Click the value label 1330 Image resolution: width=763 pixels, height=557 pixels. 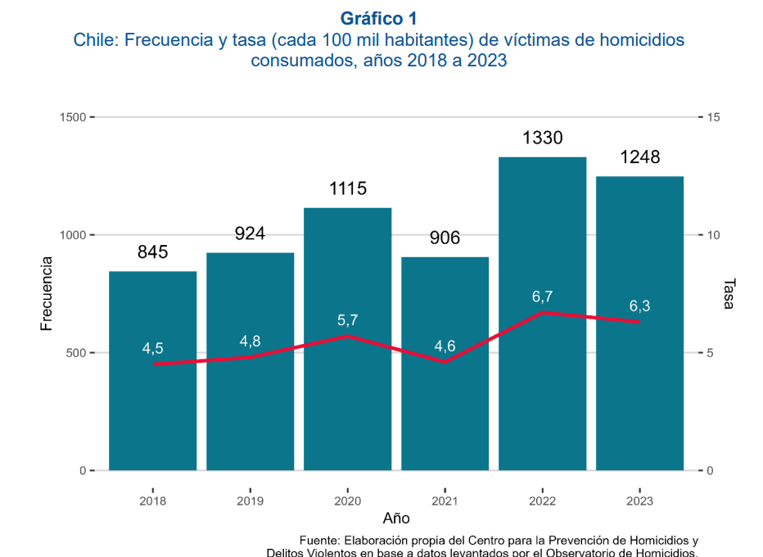point(542,138)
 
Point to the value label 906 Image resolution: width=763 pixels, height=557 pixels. point(445,238)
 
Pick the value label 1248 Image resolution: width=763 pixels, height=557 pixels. point(639,157)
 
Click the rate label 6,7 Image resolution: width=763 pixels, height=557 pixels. point(542,296)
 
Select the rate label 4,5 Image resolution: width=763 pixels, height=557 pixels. point(153,348)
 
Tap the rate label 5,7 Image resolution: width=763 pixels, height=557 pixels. point(347,320)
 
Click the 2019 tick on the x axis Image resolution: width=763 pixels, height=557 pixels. point(250,500)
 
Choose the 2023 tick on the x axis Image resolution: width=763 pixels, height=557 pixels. point(639,500)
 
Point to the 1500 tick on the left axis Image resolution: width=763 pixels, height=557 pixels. point(74,117)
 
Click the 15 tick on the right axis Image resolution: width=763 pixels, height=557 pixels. point(712,117)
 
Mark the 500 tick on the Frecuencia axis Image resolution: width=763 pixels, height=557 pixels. point(76,353)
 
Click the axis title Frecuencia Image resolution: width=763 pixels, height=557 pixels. point(47,293)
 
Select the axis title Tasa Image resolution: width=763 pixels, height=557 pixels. point(729,293)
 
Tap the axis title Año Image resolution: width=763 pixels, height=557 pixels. point(396,519)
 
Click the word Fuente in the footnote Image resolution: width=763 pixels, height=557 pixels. point(319,541)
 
